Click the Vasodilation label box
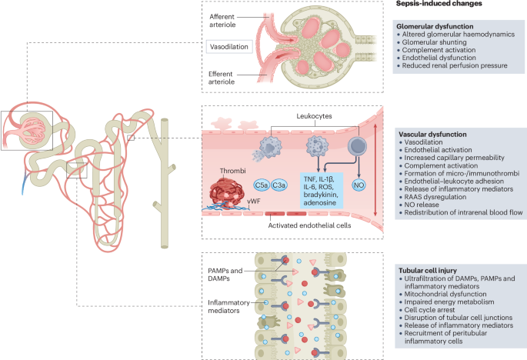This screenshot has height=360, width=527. (x=230, y=47)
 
